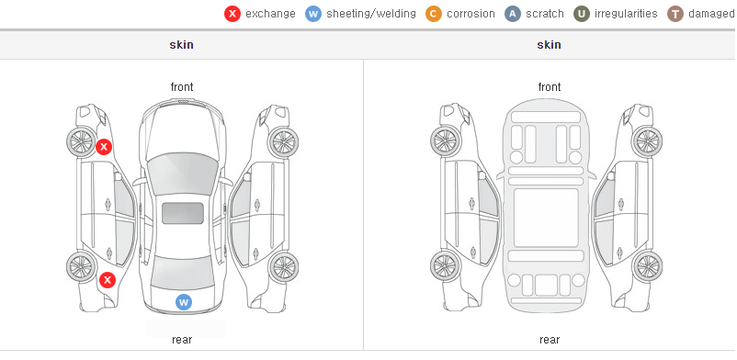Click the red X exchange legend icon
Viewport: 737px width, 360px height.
(x=232, y=14)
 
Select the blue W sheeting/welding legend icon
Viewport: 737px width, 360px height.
(x=313, y=14)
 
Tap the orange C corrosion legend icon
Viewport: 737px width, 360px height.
(x=434, y=14)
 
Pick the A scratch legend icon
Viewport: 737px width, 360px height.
(x=513, y=14)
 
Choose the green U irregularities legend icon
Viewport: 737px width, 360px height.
(x=582, y=14)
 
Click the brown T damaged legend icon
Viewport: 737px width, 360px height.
(x=675, y=14)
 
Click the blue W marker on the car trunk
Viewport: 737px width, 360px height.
(x=184, y=302)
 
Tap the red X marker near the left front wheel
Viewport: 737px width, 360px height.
(x=104, y=147)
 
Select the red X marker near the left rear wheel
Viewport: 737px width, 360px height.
(x=108, y=281)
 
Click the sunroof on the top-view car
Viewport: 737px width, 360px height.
(x=183, y=213)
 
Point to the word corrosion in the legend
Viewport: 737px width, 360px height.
(x=471, y=14)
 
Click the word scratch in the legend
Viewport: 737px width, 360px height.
(x=545, y=14)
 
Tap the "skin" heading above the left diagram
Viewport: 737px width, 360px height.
(x=181, y=45)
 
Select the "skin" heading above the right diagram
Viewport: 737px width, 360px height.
(x=549, y=45)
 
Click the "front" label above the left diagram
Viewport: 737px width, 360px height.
(x=182, y=87)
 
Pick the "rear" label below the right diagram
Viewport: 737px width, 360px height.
(x=550, y=340)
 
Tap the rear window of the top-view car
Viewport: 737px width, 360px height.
(x=182, y=273)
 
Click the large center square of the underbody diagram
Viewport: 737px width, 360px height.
(x=546, y=218)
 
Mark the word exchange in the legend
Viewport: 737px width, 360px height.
(x=270, y=14)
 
